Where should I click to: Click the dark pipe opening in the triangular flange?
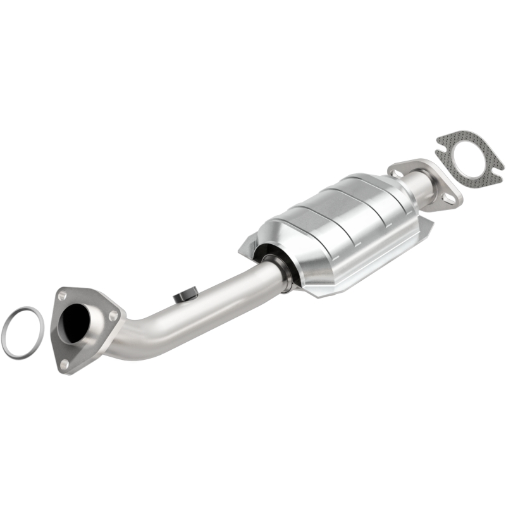[x=77, y=322]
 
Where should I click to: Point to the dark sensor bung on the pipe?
[x=185, y=295]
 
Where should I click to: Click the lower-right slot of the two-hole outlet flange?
[x=448, y=199]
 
